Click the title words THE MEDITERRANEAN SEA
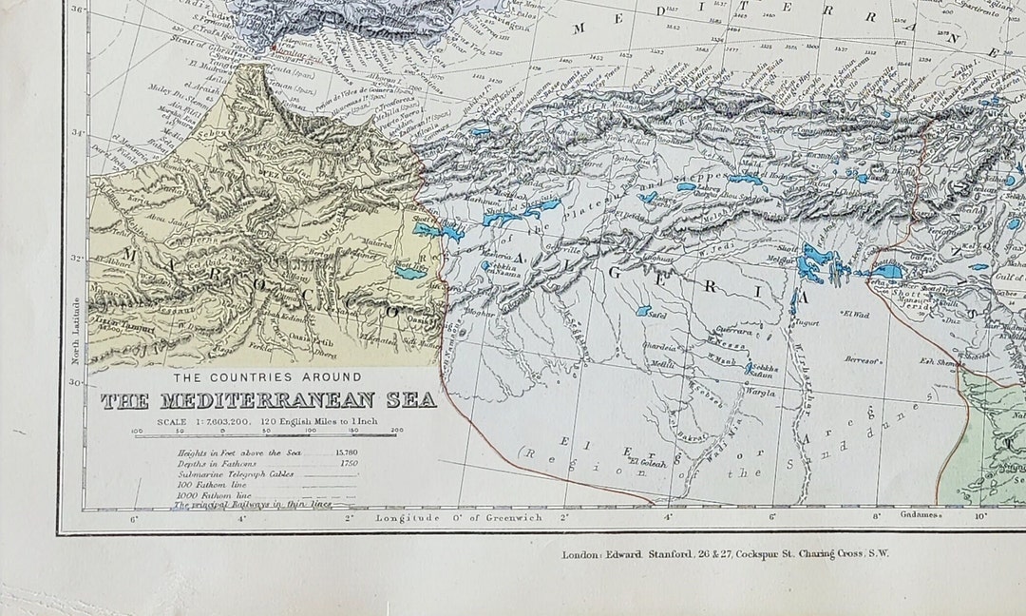[269, 400]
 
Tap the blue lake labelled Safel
[643, 310]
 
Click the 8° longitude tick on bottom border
[876, 518]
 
